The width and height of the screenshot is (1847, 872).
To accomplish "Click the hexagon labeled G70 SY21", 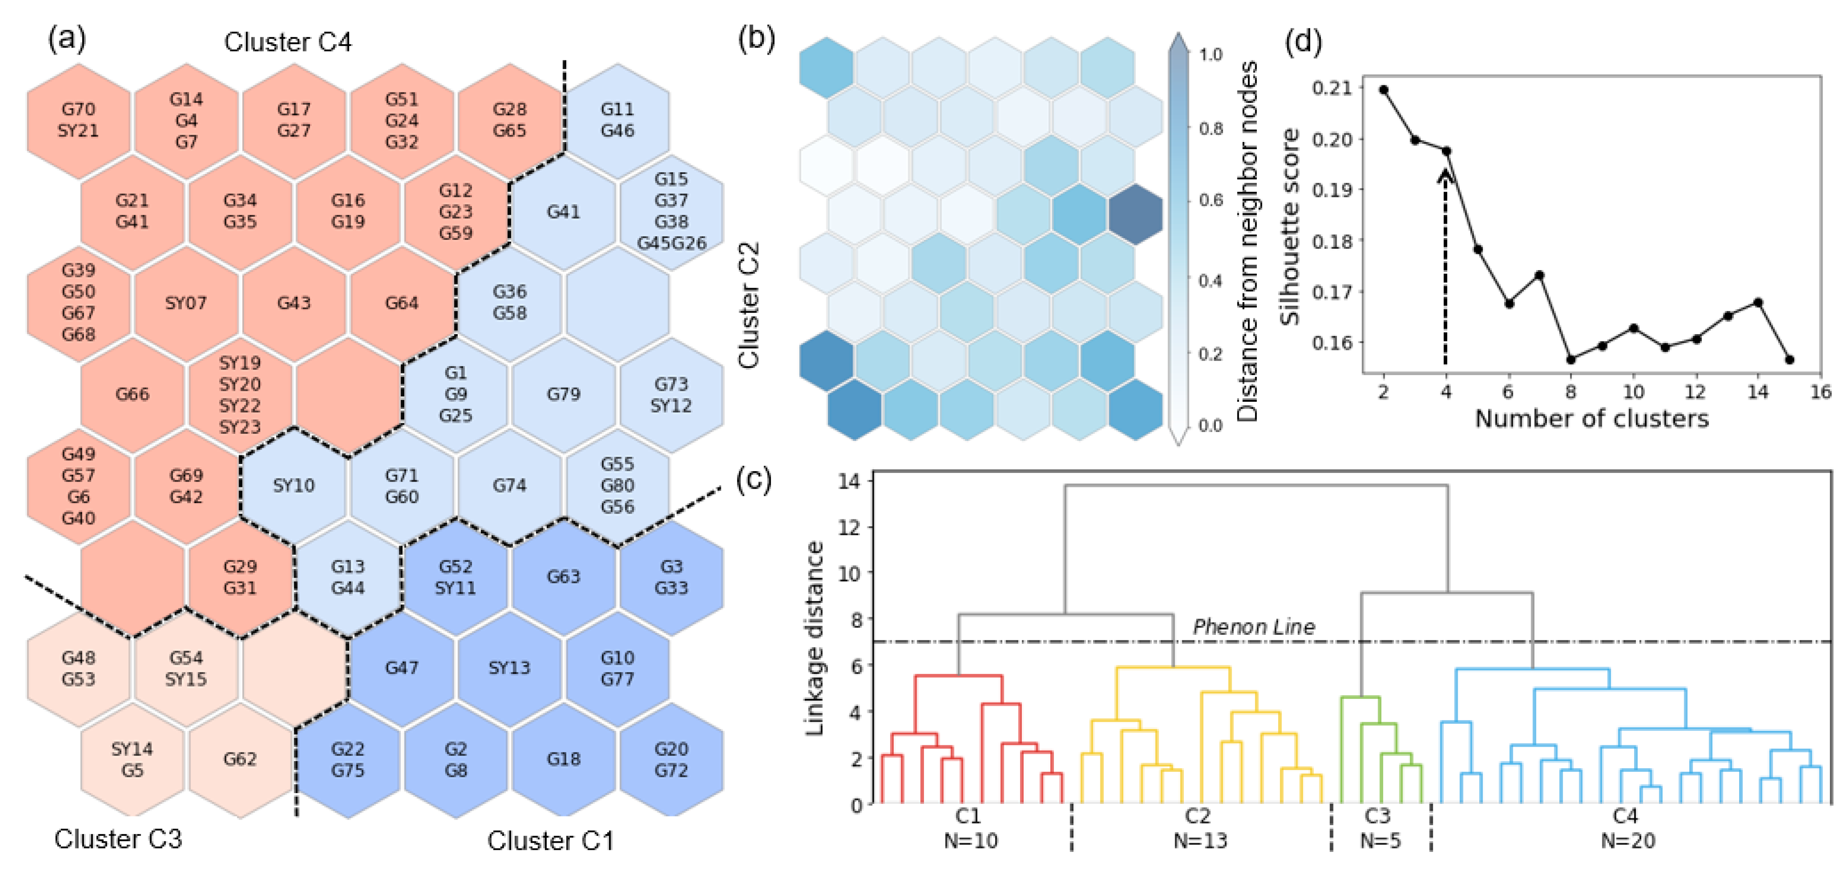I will point(78,119).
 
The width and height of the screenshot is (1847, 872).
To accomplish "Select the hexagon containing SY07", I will point(186,303).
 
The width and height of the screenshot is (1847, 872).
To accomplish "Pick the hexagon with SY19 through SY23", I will point(240,394).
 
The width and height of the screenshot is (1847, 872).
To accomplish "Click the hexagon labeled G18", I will point(563,759).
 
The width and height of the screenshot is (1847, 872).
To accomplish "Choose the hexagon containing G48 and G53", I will point(78,668).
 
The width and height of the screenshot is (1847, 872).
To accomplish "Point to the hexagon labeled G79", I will point(563,394).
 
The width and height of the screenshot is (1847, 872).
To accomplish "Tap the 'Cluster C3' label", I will point(118,838).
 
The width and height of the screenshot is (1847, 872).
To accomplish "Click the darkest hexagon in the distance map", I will point(1135,214).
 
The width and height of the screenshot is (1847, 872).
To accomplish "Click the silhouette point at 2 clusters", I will point(1384,90).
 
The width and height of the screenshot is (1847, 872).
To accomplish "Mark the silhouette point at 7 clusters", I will point(1539,275).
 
